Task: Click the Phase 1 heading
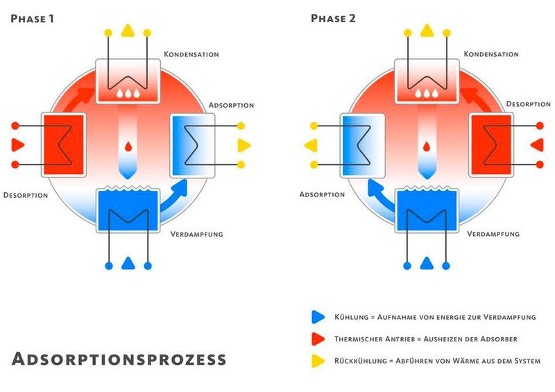click(33, 19)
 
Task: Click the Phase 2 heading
click(333, 19)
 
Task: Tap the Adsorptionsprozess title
click(119, 359)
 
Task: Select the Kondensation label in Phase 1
click(191, 53)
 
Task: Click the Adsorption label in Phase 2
click(322, 194)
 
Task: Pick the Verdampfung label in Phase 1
click(196, 234)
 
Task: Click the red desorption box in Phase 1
click(64, 145)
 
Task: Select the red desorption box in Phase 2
click(491, 145)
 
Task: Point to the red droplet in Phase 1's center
click(128, 148)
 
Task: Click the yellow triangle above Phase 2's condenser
click(427, 31)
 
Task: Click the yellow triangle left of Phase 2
click(310, 145)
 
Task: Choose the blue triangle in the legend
click(318, 316)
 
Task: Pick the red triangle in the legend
click(318, 339)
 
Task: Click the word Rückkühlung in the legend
click(352, 361)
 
